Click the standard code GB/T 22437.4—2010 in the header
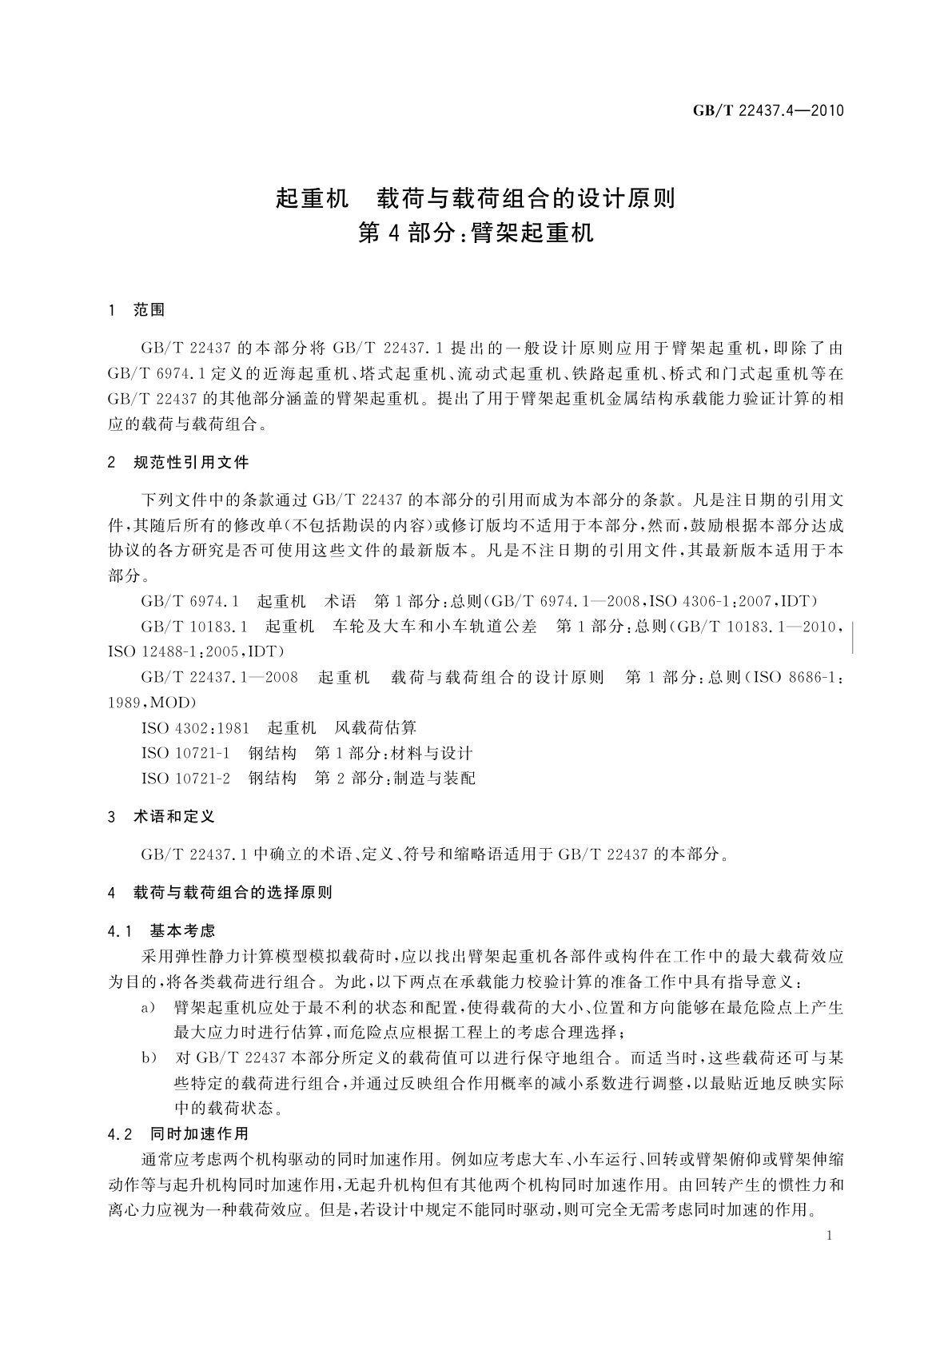click(x=767, y=110)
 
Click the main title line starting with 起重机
click(x=476, y=197)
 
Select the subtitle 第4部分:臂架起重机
click(x=476, y=233)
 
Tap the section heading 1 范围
click(x=137, y=310)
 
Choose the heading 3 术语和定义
click(x=161, y=817)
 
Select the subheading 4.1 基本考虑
click(x=161, y=930)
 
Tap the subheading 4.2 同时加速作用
click(x=178, y=1133)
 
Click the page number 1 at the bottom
click(x=829, y=1236)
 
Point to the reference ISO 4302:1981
click(x=195, y=728)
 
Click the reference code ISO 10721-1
click(x=185, y=753)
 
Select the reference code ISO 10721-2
click(x=185, y=778)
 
